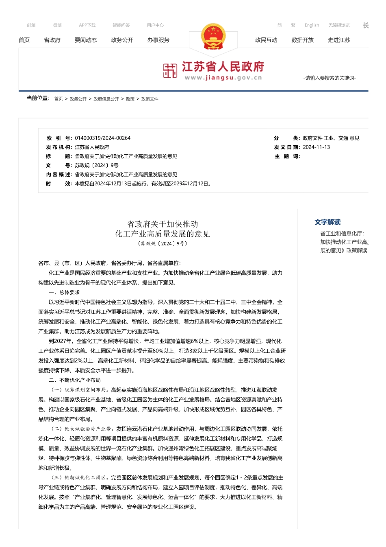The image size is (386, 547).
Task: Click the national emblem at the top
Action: [x=213, y=37]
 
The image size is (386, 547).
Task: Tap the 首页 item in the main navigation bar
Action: [x=24, y=40]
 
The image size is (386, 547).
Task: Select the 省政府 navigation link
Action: [x=52, y=40]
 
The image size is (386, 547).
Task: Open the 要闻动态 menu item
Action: [x=86, y=40]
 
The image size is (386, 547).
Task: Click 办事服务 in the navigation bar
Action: [x=158, y=40]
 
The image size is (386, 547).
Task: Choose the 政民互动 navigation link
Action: [x=266, y=40]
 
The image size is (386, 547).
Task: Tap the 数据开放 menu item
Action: [x=303, y=40]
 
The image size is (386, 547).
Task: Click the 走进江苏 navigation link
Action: [x=339, y=40]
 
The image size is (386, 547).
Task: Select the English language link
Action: [x=312, y=25]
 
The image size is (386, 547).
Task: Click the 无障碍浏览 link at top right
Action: [x=339, y=25]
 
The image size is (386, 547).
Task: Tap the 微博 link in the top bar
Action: [x=57, y=25]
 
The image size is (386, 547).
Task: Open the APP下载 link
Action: [x=87, y=25]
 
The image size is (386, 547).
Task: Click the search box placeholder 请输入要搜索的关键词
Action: [x=330, y=78]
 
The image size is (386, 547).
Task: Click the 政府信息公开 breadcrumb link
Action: [x=106, y=99]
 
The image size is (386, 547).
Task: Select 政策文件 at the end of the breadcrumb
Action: [x=150, y=99]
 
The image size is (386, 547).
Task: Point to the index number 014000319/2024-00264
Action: [x=103, y=138]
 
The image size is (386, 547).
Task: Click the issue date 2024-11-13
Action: [x=317, y=147]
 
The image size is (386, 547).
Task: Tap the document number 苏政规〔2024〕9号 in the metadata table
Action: [x=97, y=166]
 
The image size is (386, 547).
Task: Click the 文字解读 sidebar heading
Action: [x=327, y=222]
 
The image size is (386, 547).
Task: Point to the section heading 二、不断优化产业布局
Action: [x=75, y=380]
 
